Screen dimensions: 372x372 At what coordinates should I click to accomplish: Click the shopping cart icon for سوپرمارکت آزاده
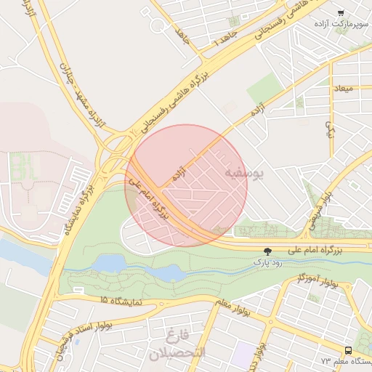tap(341, 12)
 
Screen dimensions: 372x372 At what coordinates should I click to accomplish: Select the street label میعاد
tap(342, 89)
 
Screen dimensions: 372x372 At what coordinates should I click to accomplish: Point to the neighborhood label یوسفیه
tap(245, 174)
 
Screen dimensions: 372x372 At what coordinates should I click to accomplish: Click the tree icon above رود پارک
tap(269, 250)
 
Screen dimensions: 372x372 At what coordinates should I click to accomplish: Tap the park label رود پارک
tap(268, 261)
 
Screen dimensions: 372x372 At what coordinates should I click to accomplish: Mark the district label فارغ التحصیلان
tap(177, 345)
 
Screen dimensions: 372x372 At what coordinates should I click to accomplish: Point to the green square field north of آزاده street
tap(265, 89)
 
